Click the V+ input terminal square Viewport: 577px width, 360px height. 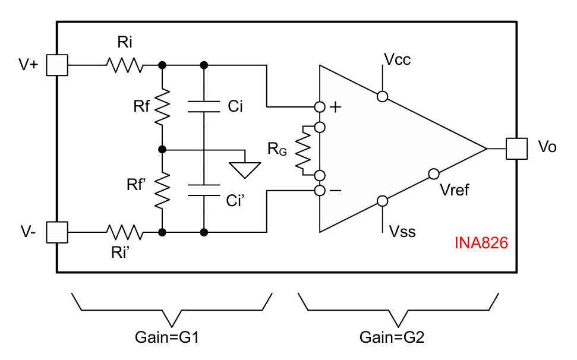[58, 65]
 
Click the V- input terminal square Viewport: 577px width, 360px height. [58, 232]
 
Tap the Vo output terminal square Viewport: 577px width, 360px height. [516, 149]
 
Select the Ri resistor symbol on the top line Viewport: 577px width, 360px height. [125, 65]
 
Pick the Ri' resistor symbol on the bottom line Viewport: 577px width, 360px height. [125, 232]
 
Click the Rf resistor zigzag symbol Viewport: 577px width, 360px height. [162, 107]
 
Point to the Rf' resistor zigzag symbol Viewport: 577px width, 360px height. [162, 190]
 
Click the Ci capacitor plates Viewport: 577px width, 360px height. [204, 107]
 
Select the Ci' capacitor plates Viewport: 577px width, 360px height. [204, 190]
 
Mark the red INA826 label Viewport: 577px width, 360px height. [481, 243]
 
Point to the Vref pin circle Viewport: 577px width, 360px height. [433, 174]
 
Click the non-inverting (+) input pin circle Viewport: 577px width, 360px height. [320, 107]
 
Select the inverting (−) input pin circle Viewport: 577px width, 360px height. [320, 191]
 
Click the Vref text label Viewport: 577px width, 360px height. [455, 190]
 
